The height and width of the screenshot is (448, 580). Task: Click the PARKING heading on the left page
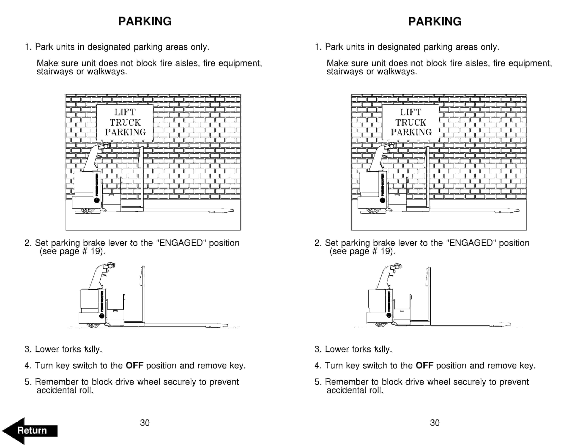click(x=145, y=21)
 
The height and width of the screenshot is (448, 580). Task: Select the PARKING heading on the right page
click(x=435, y=21)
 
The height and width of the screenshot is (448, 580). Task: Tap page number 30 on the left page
click(x=145, y=423)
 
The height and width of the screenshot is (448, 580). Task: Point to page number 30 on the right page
click(x=435, y=423)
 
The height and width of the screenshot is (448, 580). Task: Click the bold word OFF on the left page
click(x=134, y=365)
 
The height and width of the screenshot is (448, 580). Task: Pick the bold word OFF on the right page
click(x=424, y=365)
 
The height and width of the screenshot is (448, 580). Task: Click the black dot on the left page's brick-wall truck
click(x=97, y=200)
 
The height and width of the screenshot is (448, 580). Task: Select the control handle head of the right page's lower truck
click(x=397, y=266)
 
